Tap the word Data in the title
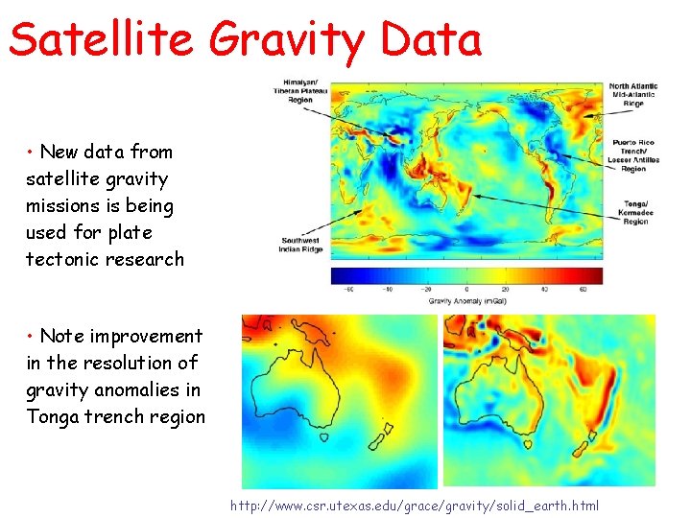(431, 39)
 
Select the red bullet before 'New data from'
(32, 153)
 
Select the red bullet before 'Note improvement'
(32, 337)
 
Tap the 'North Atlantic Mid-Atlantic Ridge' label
(633, 94)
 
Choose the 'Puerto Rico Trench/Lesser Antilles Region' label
(634, 155)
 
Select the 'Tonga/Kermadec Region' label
(634, 212)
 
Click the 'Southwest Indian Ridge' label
(301, 246)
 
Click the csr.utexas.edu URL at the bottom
(415, 506)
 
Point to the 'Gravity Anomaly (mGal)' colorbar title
(466, 300)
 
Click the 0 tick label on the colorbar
(466, 289)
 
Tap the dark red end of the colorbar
(595, 276)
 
